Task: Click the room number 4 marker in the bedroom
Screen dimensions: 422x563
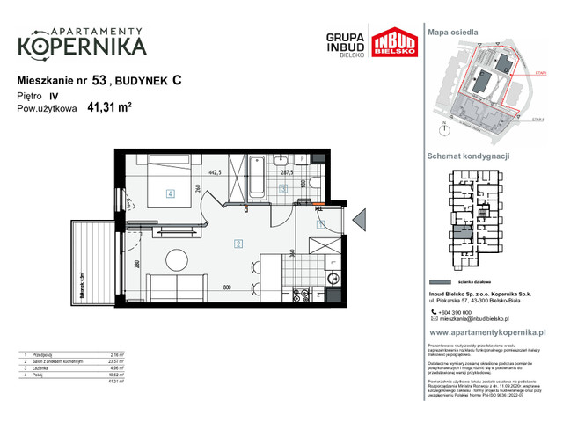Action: point(170,194)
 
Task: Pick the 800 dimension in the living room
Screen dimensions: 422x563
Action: point(226,287)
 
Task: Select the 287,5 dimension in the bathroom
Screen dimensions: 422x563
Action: point(286,173)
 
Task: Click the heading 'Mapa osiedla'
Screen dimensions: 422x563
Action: point(454,32)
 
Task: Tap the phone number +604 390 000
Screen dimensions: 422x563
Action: point(465,313)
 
